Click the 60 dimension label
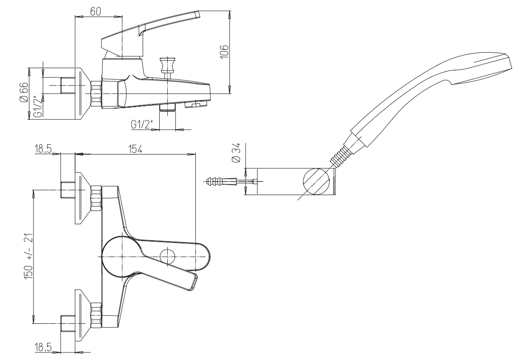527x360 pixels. tap(96, 11)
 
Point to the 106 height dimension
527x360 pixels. tap(224, 52)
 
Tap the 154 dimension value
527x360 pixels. tap(134, 149)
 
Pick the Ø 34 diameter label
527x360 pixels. tap(237, 152)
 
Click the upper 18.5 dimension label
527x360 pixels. tap(43, 149)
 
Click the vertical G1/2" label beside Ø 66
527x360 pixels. tap(39, 106)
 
